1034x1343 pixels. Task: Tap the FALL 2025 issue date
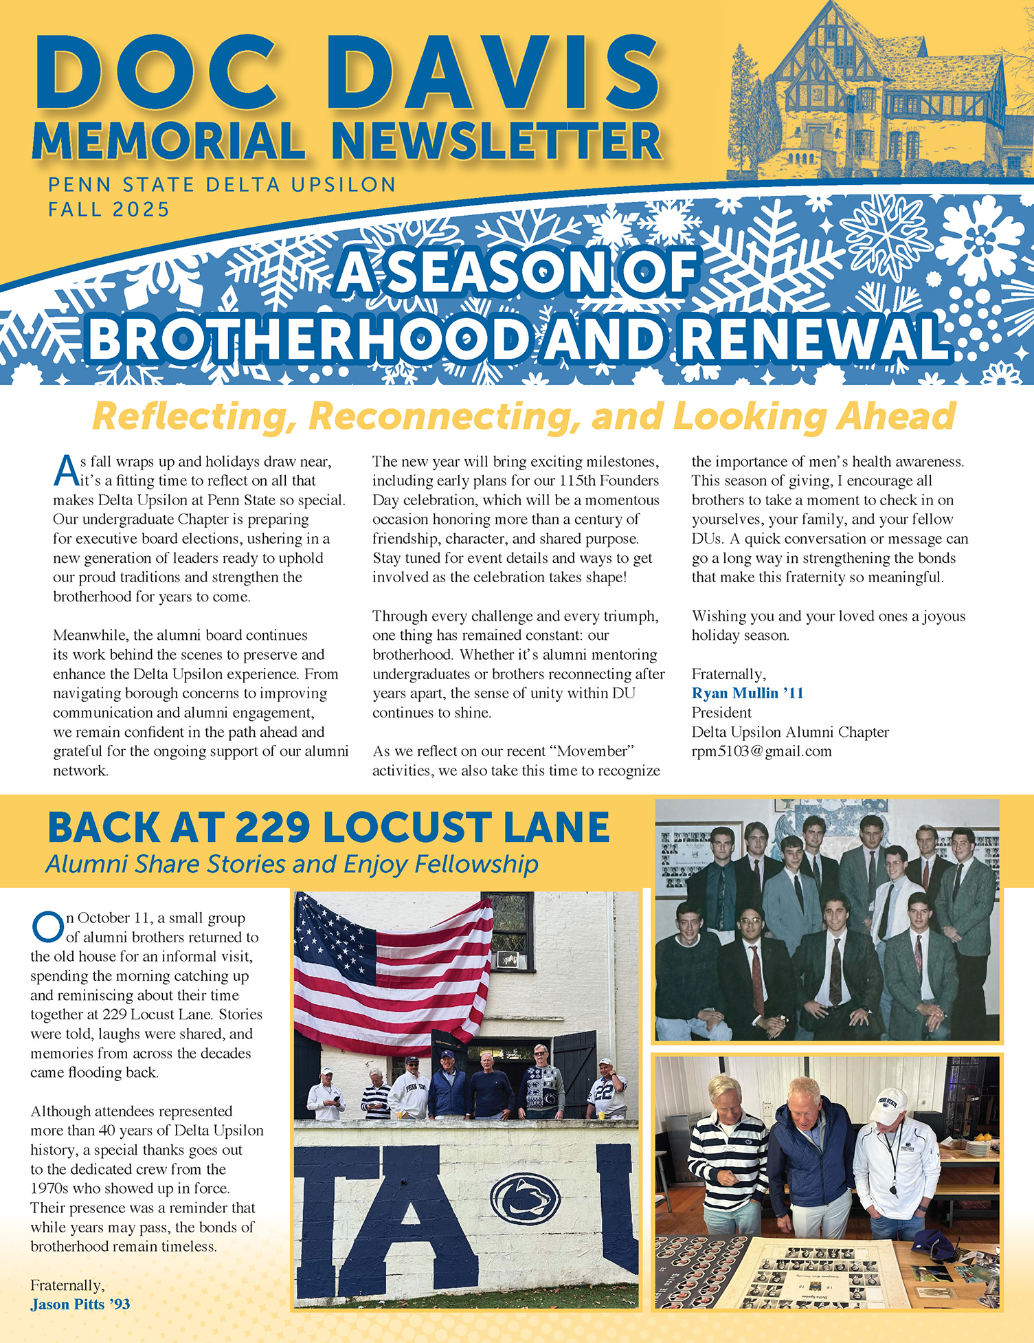click(x=109, y=209)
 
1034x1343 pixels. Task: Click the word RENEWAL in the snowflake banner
click(x=815, y=338)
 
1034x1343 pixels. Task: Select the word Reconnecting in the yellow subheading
click(x=440, y=416)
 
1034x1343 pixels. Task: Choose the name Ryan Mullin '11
click(x=748, y=693)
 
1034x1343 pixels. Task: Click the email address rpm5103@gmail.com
click(x=761, y=751)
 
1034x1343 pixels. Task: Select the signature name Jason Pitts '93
click(x=80, y=1305)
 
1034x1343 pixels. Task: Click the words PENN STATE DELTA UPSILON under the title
click(x=221, y=184)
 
